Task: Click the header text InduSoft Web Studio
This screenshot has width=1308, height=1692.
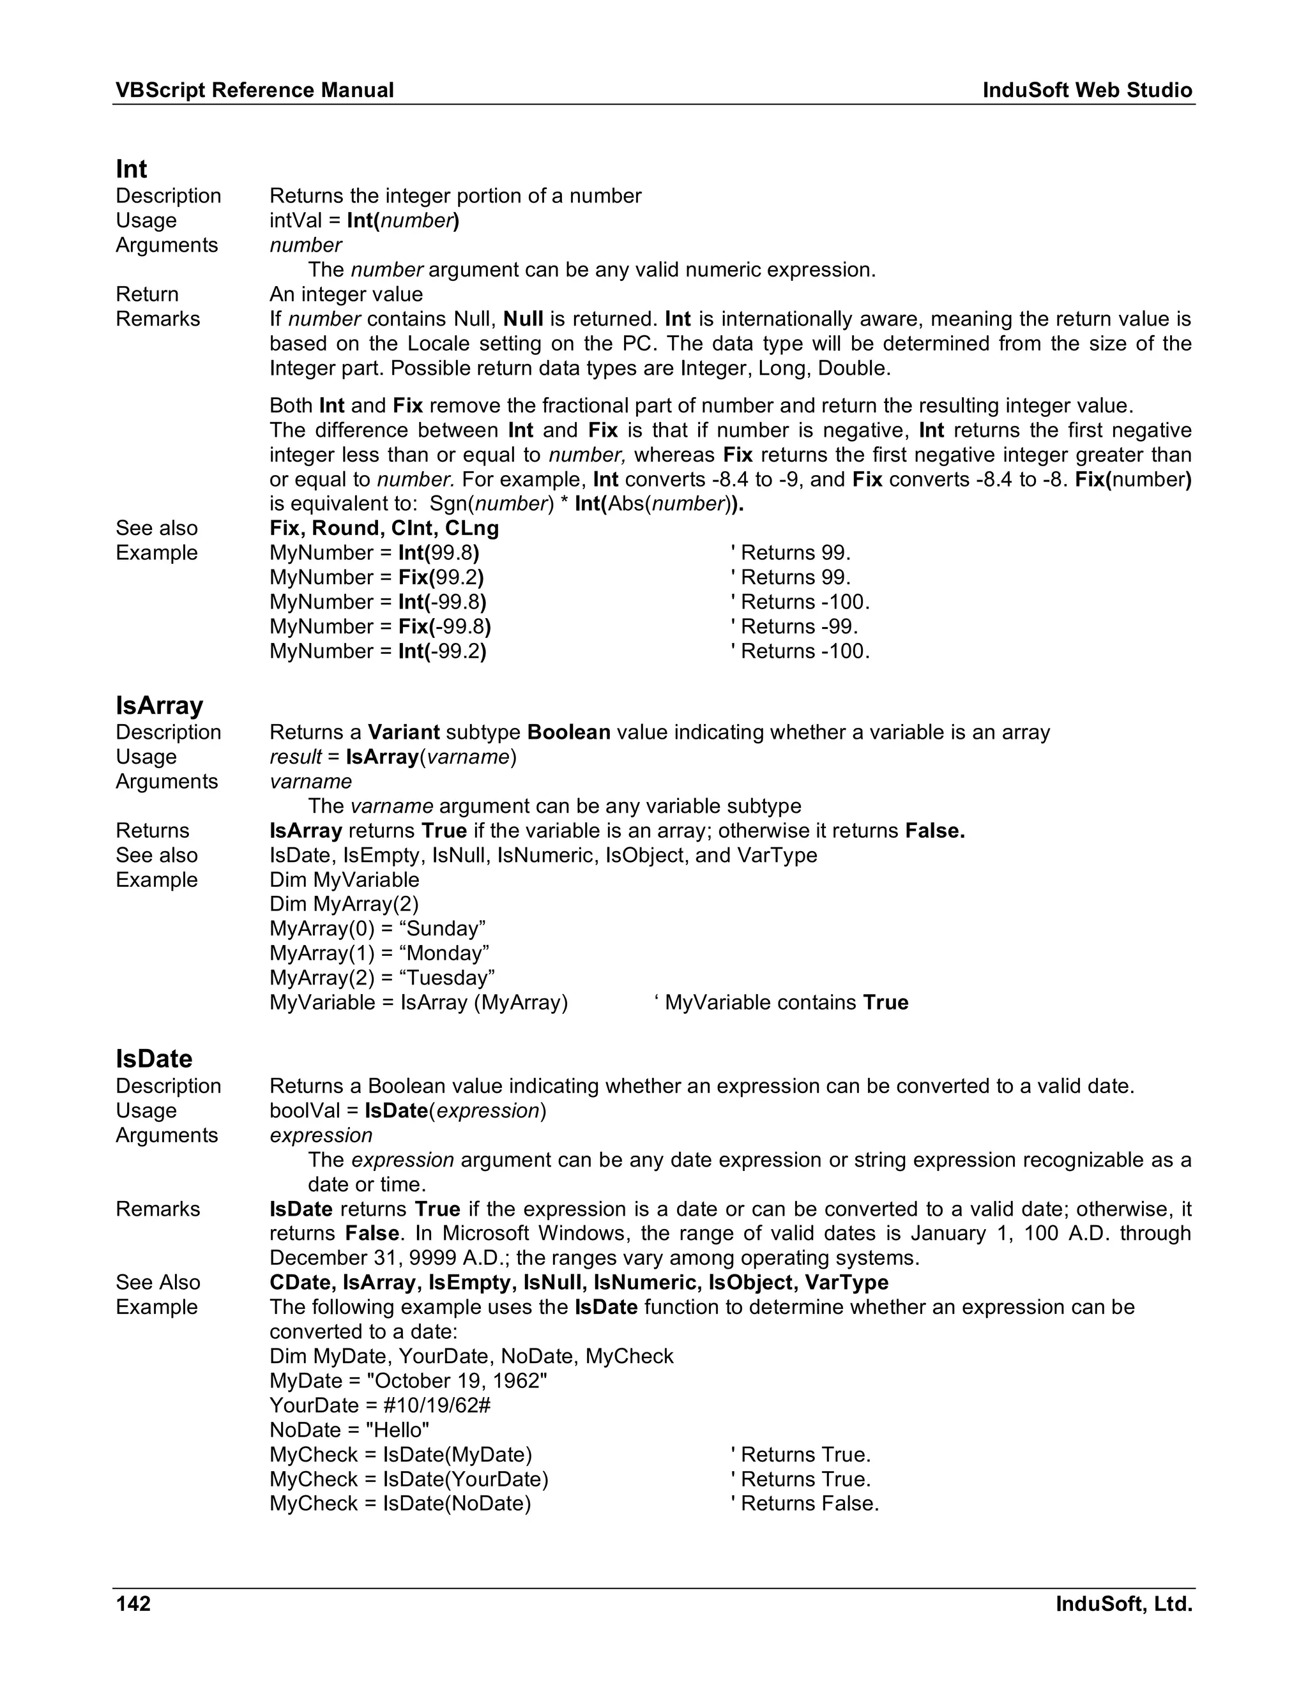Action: click(1087, 90)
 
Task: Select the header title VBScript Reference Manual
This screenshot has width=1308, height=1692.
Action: click(254, 90)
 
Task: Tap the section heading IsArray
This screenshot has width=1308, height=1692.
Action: click(160, 706)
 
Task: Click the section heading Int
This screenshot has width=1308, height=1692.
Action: click(132, 169)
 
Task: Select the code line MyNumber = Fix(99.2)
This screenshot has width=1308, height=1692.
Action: click(377, 577)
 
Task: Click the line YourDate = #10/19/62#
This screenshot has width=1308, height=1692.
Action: click(380, 1405)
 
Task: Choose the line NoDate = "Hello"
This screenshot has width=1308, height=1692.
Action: click(349, 1430)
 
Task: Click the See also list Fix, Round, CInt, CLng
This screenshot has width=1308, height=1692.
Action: click(384, 529)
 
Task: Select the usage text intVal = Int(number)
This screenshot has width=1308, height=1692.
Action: click(364, 221)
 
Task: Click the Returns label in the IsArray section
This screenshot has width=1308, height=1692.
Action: click(152, 831)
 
